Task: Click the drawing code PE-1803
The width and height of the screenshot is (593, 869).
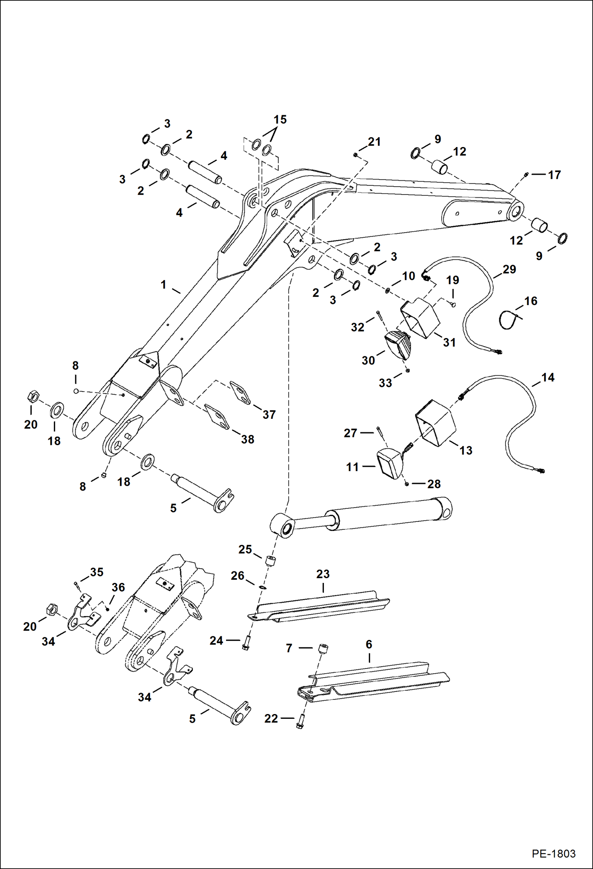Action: pyautogui.click(x=553, y=853)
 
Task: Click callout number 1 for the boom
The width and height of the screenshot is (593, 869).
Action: pyautogui.click(x=163, y=285)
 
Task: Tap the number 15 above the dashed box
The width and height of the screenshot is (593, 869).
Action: pyautogui.click(x=280, y=120)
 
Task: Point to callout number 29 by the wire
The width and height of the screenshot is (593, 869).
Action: pyautogui.click(x=509, y=269)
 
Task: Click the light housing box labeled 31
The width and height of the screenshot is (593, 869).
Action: pyautogui.click(x=421, y=319)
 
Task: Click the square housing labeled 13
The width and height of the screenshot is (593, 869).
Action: pyautogui.click(x=435, y=423)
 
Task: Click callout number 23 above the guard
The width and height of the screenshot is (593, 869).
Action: pyautogui.click(x=323, y=574)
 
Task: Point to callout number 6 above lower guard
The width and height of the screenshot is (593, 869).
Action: pyautogui.click(x=369, y=644)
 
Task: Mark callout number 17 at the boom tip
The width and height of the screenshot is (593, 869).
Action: pyautogui.click(x=554, y=175)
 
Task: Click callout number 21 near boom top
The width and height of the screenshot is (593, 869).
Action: pyautogui.click(x=374, y=142)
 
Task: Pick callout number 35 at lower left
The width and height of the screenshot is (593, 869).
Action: pyautogui.click(x=97, y=572)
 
